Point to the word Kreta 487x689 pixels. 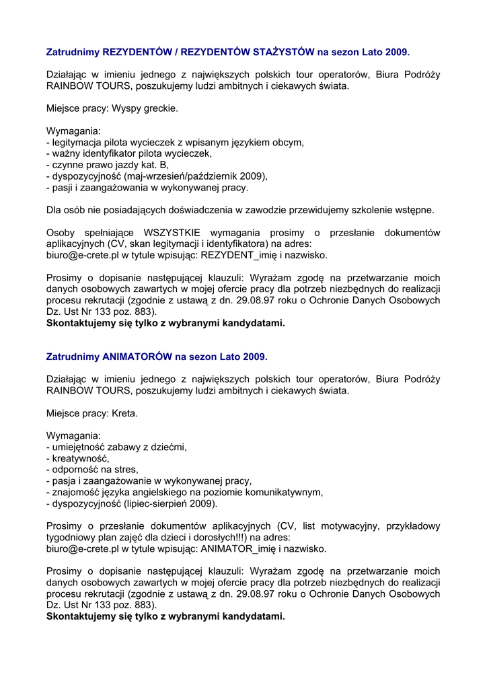124,412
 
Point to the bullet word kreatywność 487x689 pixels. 80,458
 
